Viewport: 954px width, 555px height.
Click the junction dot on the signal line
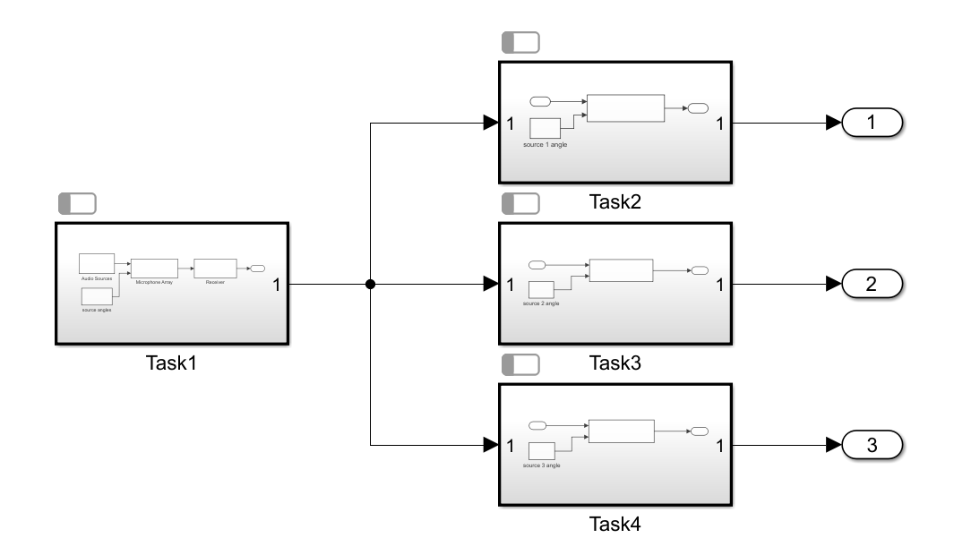coord(370,285)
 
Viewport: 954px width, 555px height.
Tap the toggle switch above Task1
coord(77,203)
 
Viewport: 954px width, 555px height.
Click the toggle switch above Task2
coord(520,42)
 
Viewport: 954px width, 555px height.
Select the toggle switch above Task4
coord(520,364)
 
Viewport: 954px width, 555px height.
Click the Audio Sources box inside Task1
coord(97,262)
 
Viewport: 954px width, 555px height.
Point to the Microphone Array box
coord(154,268)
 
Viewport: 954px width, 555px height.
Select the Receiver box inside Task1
coord(215,268)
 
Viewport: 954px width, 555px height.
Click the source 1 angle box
coord(546,128)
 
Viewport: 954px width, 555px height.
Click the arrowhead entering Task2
coord(491,124)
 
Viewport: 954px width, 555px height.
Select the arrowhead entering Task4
coord(491,445)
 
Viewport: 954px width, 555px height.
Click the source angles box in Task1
coord(97,296)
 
